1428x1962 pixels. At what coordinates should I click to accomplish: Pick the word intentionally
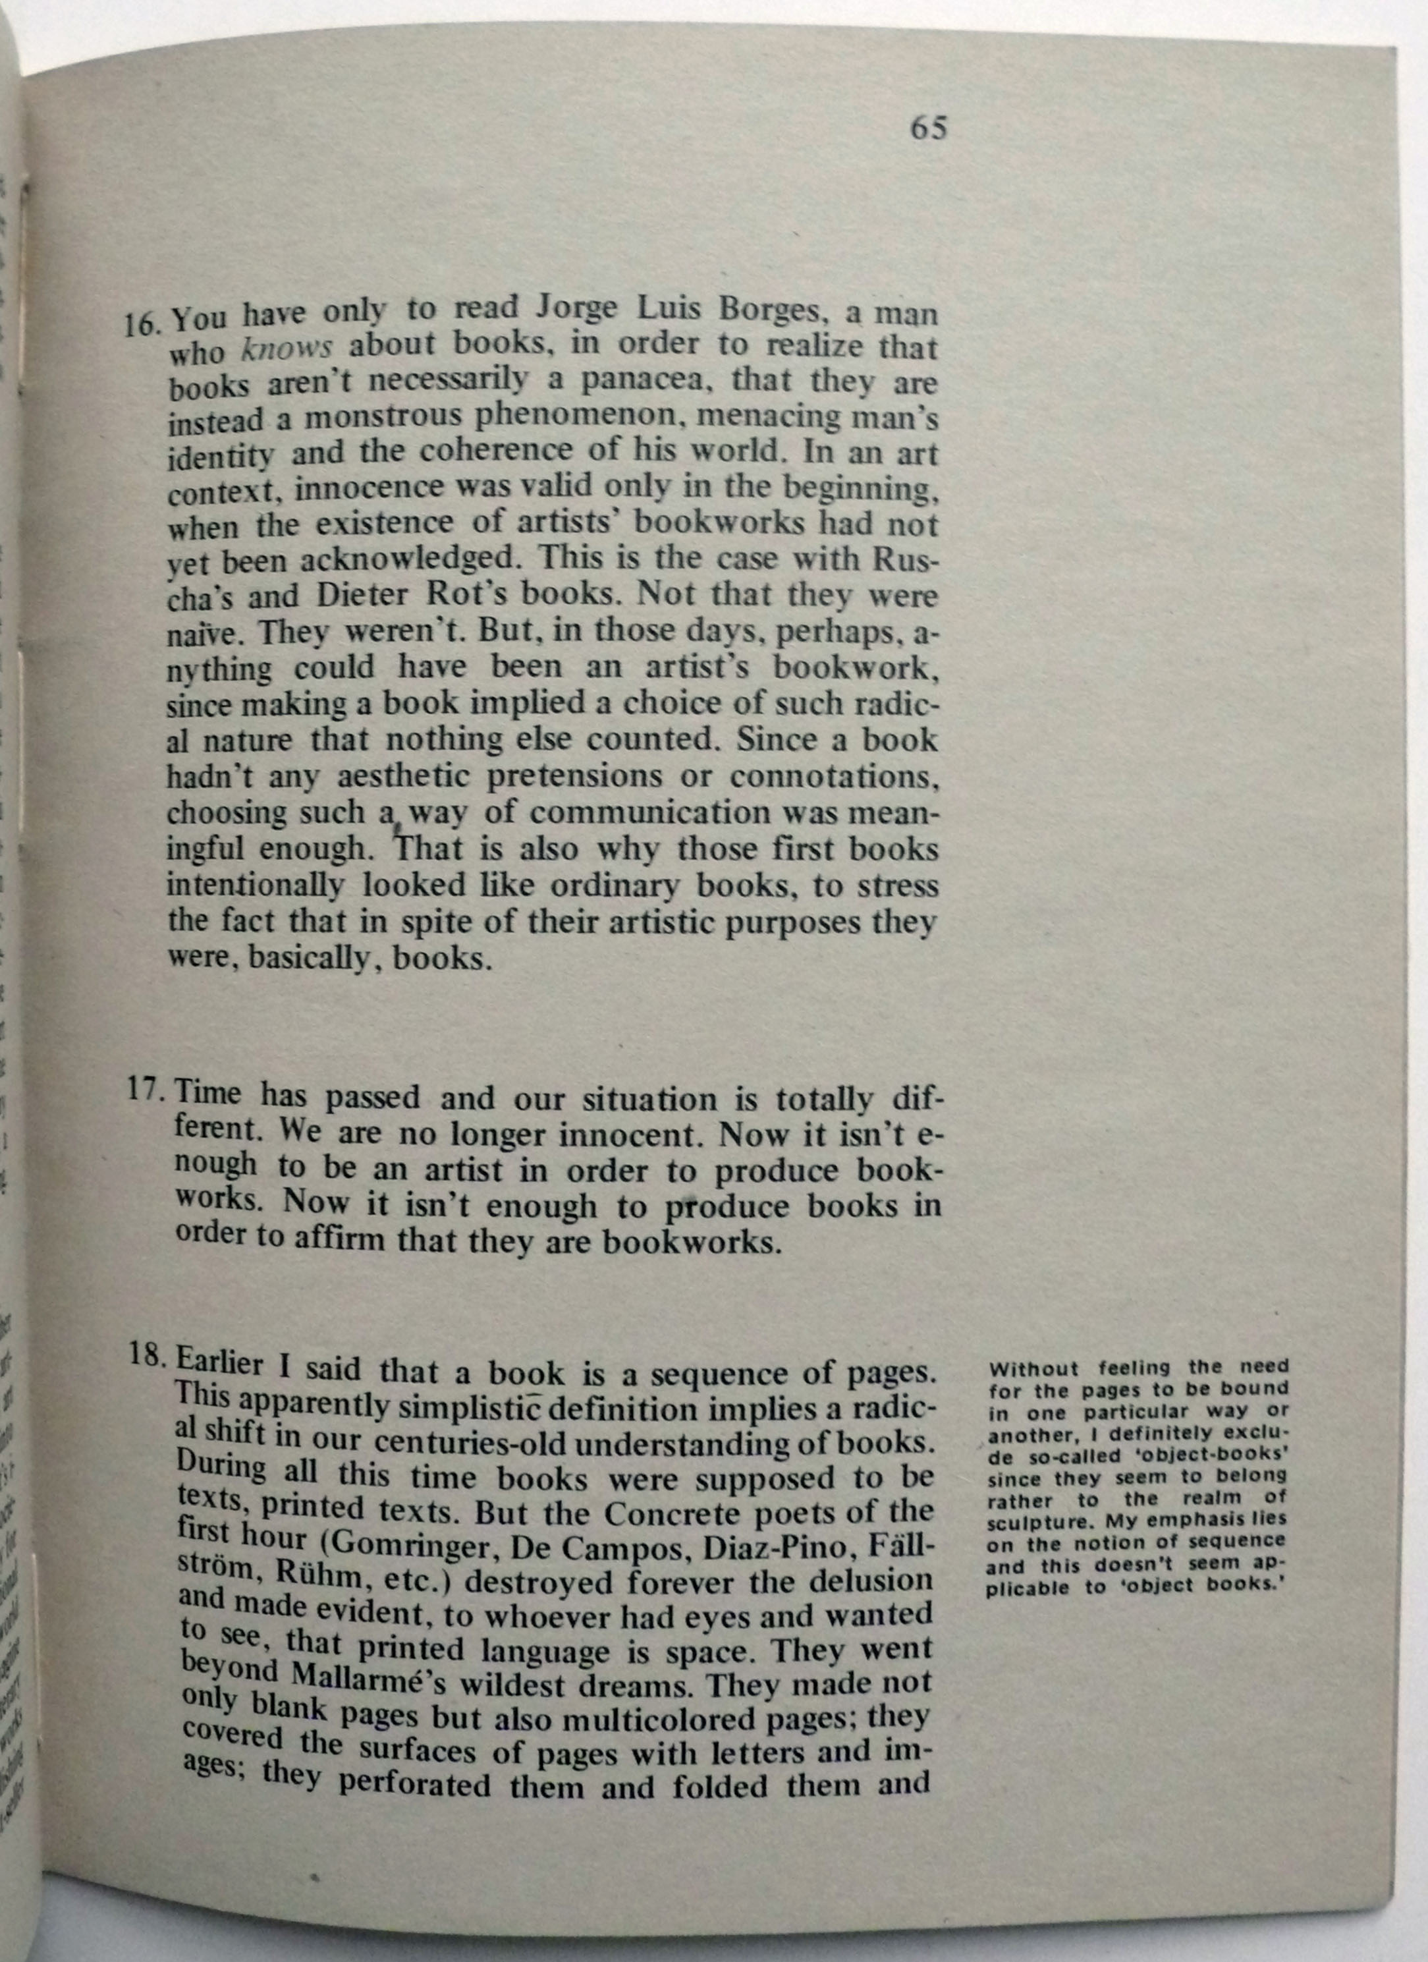coord(255,885)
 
